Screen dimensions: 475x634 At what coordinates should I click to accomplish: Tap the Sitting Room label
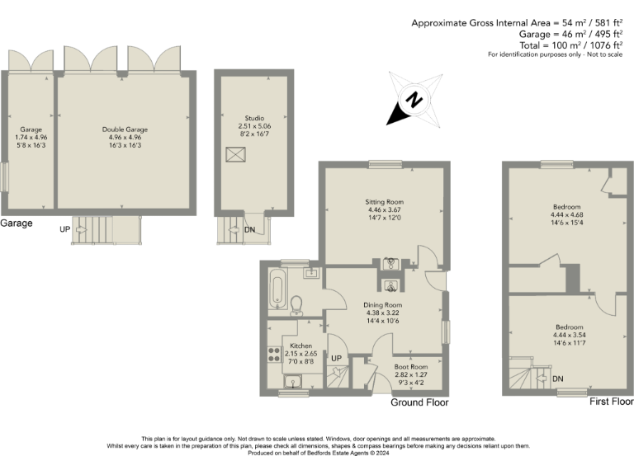point(385,201)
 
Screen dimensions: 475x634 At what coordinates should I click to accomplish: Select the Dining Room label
point(382,304)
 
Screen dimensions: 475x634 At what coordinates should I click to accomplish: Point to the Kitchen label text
point(300,346)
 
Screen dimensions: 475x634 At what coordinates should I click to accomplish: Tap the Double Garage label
point(125,129)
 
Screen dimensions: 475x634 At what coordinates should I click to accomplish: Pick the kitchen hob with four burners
point(274,355)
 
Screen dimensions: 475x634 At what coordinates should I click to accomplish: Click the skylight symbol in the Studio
point(236,154)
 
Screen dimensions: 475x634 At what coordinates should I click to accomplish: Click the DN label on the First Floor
point(558,379)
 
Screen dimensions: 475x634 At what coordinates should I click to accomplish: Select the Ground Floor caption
point(419,402)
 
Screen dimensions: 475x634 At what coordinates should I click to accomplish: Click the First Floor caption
point(611,402)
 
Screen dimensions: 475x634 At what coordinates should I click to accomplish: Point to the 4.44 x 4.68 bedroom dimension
point(567,215)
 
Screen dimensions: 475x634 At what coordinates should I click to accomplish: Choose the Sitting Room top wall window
point(385,165)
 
